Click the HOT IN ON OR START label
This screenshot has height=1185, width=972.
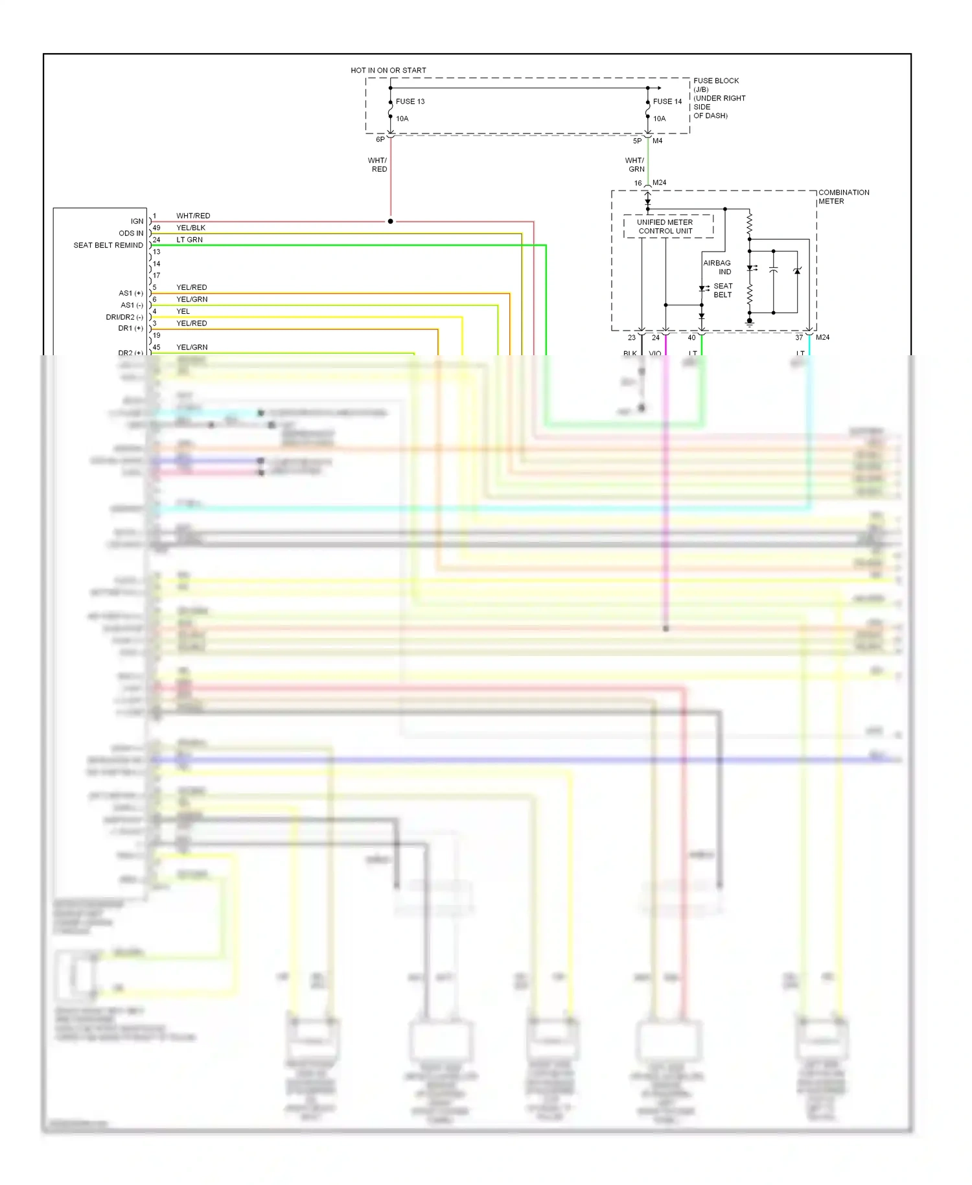[388, 70]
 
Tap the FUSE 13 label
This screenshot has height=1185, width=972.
[410, 101]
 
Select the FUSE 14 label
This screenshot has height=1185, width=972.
[667, 101]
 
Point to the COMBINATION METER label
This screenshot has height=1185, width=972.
[843, 196]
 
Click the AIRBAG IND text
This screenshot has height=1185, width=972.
[717, 267]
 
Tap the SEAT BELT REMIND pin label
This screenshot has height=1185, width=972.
[108, 245]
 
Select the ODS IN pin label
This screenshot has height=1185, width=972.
[131, 233]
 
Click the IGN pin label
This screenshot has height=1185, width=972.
[137, 221]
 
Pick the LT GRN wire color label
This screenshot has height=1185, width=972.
[189, 240]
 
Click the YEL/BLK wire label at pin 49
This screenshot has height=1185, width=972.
[191, 228]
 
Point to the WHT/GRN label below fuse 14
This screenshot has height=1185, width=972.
[635, 165]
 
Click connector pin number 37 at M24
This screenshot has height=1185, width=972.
[799, 337]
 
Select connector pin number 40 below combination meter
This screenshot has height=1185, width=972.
[691, 337]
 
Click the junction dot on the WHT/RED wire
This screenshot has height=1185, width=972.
[390, 221]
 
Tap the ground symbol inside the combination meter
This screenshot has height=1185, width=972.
[750, 322]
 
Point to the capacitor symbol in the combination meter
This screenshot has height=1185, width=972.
[773, 271]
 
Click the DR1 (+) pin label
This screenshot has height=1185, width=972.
[130, 329]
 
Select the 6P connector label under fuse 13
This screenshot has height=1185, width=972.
[380, 139]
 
